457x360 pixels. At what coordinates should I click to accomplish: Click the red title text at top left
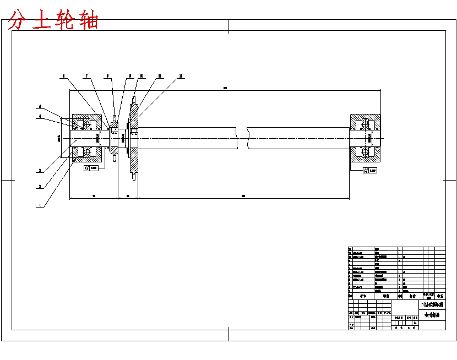point(54,20)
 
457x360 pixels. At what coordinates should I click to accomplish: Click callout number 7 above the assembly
point(86,75)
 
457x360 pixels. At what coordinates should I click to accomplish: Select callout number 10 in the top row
point(142,75)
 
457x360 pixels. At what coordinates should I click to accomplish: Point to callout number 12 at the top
point(181,75)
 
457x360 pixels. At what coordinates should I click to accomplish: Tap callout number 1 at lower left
point(40,204)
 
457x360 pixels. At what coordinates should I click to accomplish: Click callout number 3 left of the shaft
point(40,171)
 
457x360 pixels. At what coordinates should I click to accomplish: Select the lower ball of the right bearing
point(364,151)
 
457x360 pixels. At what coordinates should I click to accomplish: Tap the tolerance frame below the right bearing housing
point(370,171)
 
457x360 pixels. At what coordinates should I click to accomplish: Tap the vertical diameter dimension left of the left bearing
point(59,138)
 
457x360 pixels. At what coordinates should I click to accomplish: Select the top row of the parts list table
point(396,249)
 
